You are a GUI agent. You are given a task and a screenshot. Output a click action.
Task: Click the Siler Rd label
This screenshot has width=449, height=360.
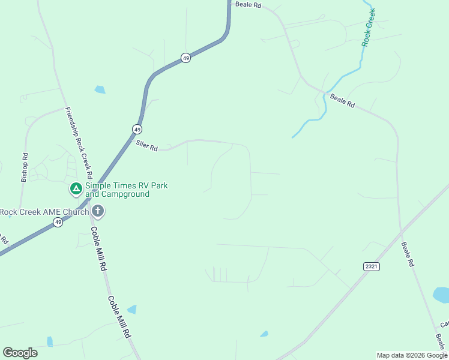point(146,145)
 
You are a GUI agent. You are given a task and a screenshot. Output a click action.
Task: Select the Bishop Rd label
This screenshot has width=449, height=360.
point(25,167)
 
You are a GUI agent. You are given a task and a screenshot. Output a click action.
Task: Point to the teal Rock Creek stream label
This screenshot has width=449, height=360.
point(368,28)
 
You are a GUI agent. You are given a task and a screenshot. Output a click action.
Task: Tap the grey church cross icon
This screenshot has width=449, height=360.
point(98,211)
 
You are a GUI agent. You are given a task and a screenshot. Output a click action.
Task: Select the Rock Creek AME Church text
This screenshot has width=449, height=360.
point(44,211)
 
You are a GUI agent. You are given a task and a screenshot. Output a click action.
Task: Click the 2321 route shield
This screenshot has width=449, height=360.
point(372,266)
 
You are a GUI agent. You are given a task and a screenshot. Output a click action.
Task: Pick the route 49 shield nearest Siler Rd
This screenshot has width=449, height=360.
point(137,129)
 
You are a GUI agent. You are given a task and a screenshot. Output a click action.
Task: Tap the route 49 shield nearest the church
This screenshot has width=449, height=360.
point(58,222)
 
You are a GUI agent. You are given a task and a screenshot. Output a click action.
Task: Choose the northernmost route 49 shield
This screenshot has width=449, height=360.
point(186,58)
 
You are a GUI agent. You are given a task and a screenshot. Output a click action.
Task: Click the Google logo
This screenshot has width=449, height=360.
point(20,353)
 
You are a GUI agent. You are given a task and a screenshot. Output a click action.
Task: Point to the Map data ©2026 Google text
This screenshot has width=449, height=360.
point(412,355)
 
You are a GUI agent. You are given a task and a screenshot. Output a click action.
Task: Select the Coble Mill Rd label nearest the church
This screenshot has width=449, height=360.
point(98,248)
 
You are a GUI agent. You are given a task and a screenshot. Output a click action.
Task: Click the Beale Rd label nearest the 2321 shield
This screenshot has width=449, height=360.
point(408,254)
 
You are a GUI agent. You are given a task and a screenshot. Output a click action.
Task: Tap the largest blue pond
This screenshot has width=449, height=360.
point(442,295)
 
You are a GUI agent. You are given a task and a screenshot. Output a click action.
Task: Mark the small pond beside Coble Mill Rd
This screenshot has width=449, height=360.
point(131,310)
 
